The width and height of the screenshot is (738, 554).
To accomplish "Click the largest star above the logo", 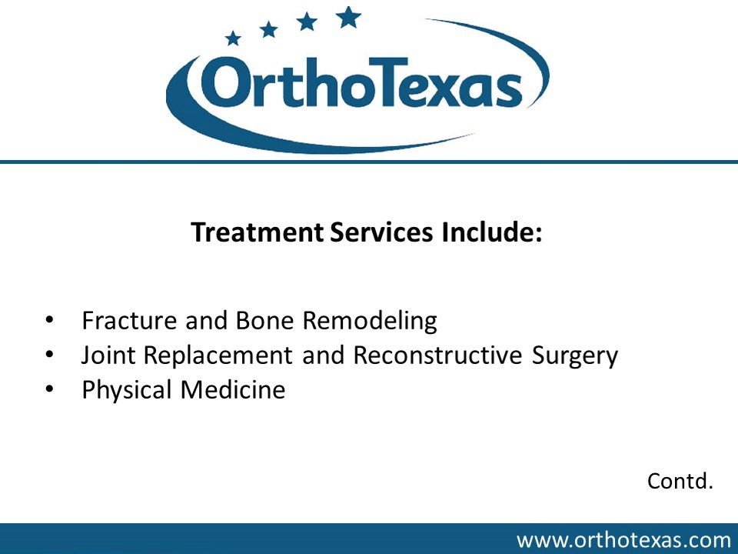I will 349,16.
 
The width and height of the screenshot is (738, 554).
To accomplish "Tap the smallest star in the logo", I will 233,37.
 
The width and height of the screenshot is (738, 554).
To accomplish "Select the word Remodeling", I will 371,320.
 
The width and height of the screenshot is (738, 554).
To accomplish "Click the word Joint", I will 105,355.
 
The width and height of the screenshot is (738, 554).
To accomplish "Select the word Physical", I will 128,390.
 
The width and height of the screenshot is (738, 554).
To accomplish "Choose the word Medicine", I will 233,390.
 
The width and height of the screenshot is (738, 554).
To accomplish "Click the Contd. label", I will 680,482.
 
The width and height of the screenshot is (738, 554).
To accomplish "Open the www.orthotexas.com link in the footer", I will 623,540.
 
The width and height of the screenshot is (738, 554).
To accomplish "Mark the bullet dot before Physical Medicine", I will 49,390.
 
